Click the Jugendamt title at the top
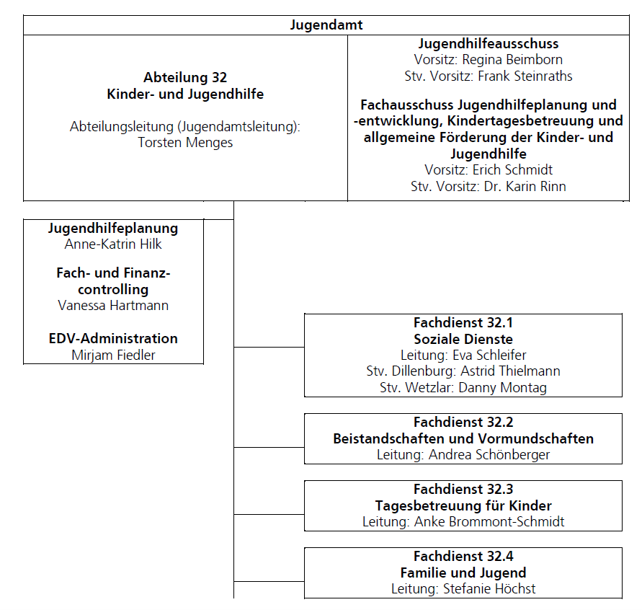[326, 25]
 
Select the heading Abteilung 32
[185, 77]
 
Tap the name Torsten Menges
[185, 143]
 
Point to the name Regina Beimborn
[512, 60]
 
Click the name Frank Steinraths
[525, 76]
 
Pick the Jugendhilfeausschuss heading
[489, 44]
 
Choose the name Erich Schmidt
[512, 169]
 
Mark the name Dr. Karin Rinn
[525, 187]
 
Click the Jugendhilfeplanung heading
[113, 229]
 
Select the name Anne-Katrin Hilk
[113, 244]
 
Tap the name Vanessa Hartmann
[113, 306]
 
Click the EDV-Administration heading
[113, 338]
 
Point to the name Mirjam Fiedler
[113, 355]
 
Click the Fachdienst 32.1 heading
[463, 323]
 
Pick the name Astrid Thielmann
[510, 371]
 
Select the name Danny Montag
[502, 387]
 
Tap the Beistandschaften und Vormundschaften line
[463, 439]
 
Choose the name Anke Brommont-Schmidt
[489, 522]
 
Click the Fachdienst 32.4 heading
[463, 557]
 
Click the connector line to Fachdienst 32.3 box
[269, 514]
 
